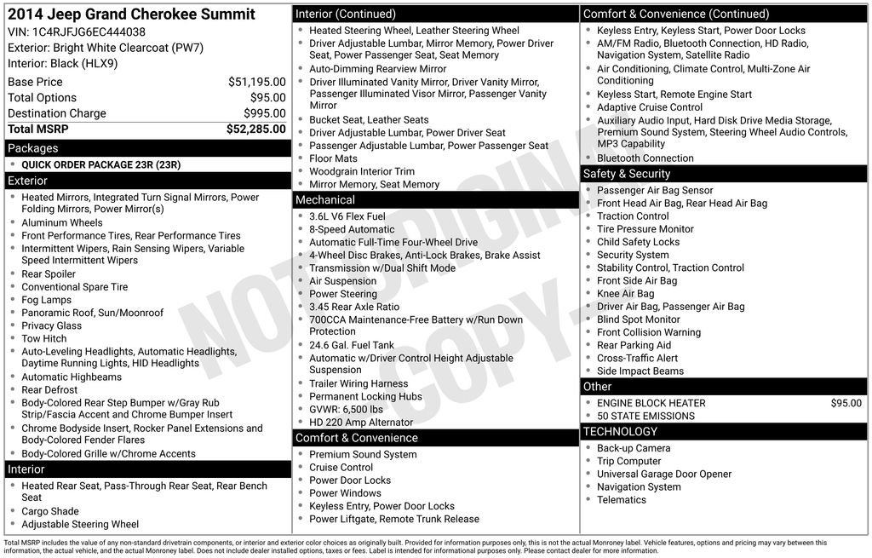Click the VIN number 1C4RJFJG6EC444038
(x=89, y=32)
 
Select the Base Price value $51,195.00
(x=256, y=82)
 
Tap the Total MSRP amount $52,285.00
(x=255, y=129)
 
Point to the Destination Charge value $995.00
(x=265, y=113)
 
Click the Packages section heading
(x=33, y=148)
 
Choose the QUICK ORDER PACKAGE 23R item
(x=100, y=164)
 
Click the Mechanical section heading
(x=324, y=200)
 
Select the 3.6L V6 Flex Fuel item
(x=347, y=216)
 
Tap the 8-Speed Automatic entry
(x=352, y=229)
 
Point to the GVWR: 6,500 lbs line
(x=346, y=409)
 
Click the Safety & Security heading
(x=627, y=174)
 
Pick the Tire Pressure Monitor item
(x=645, y=229)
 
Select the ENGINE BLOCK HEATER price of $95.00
(x=846, y=403)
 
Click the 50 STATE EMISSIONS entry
(x=645, y=416)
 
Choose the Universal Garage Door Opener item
(x=663, y=474)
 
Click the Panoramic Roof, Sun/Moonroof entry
(x=92, y=313)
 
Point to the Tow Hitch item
(x=45, y=338)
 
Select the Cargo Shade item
(x=50, y=511)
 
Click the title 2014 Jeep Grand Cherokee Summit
(x=131, y=14)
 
